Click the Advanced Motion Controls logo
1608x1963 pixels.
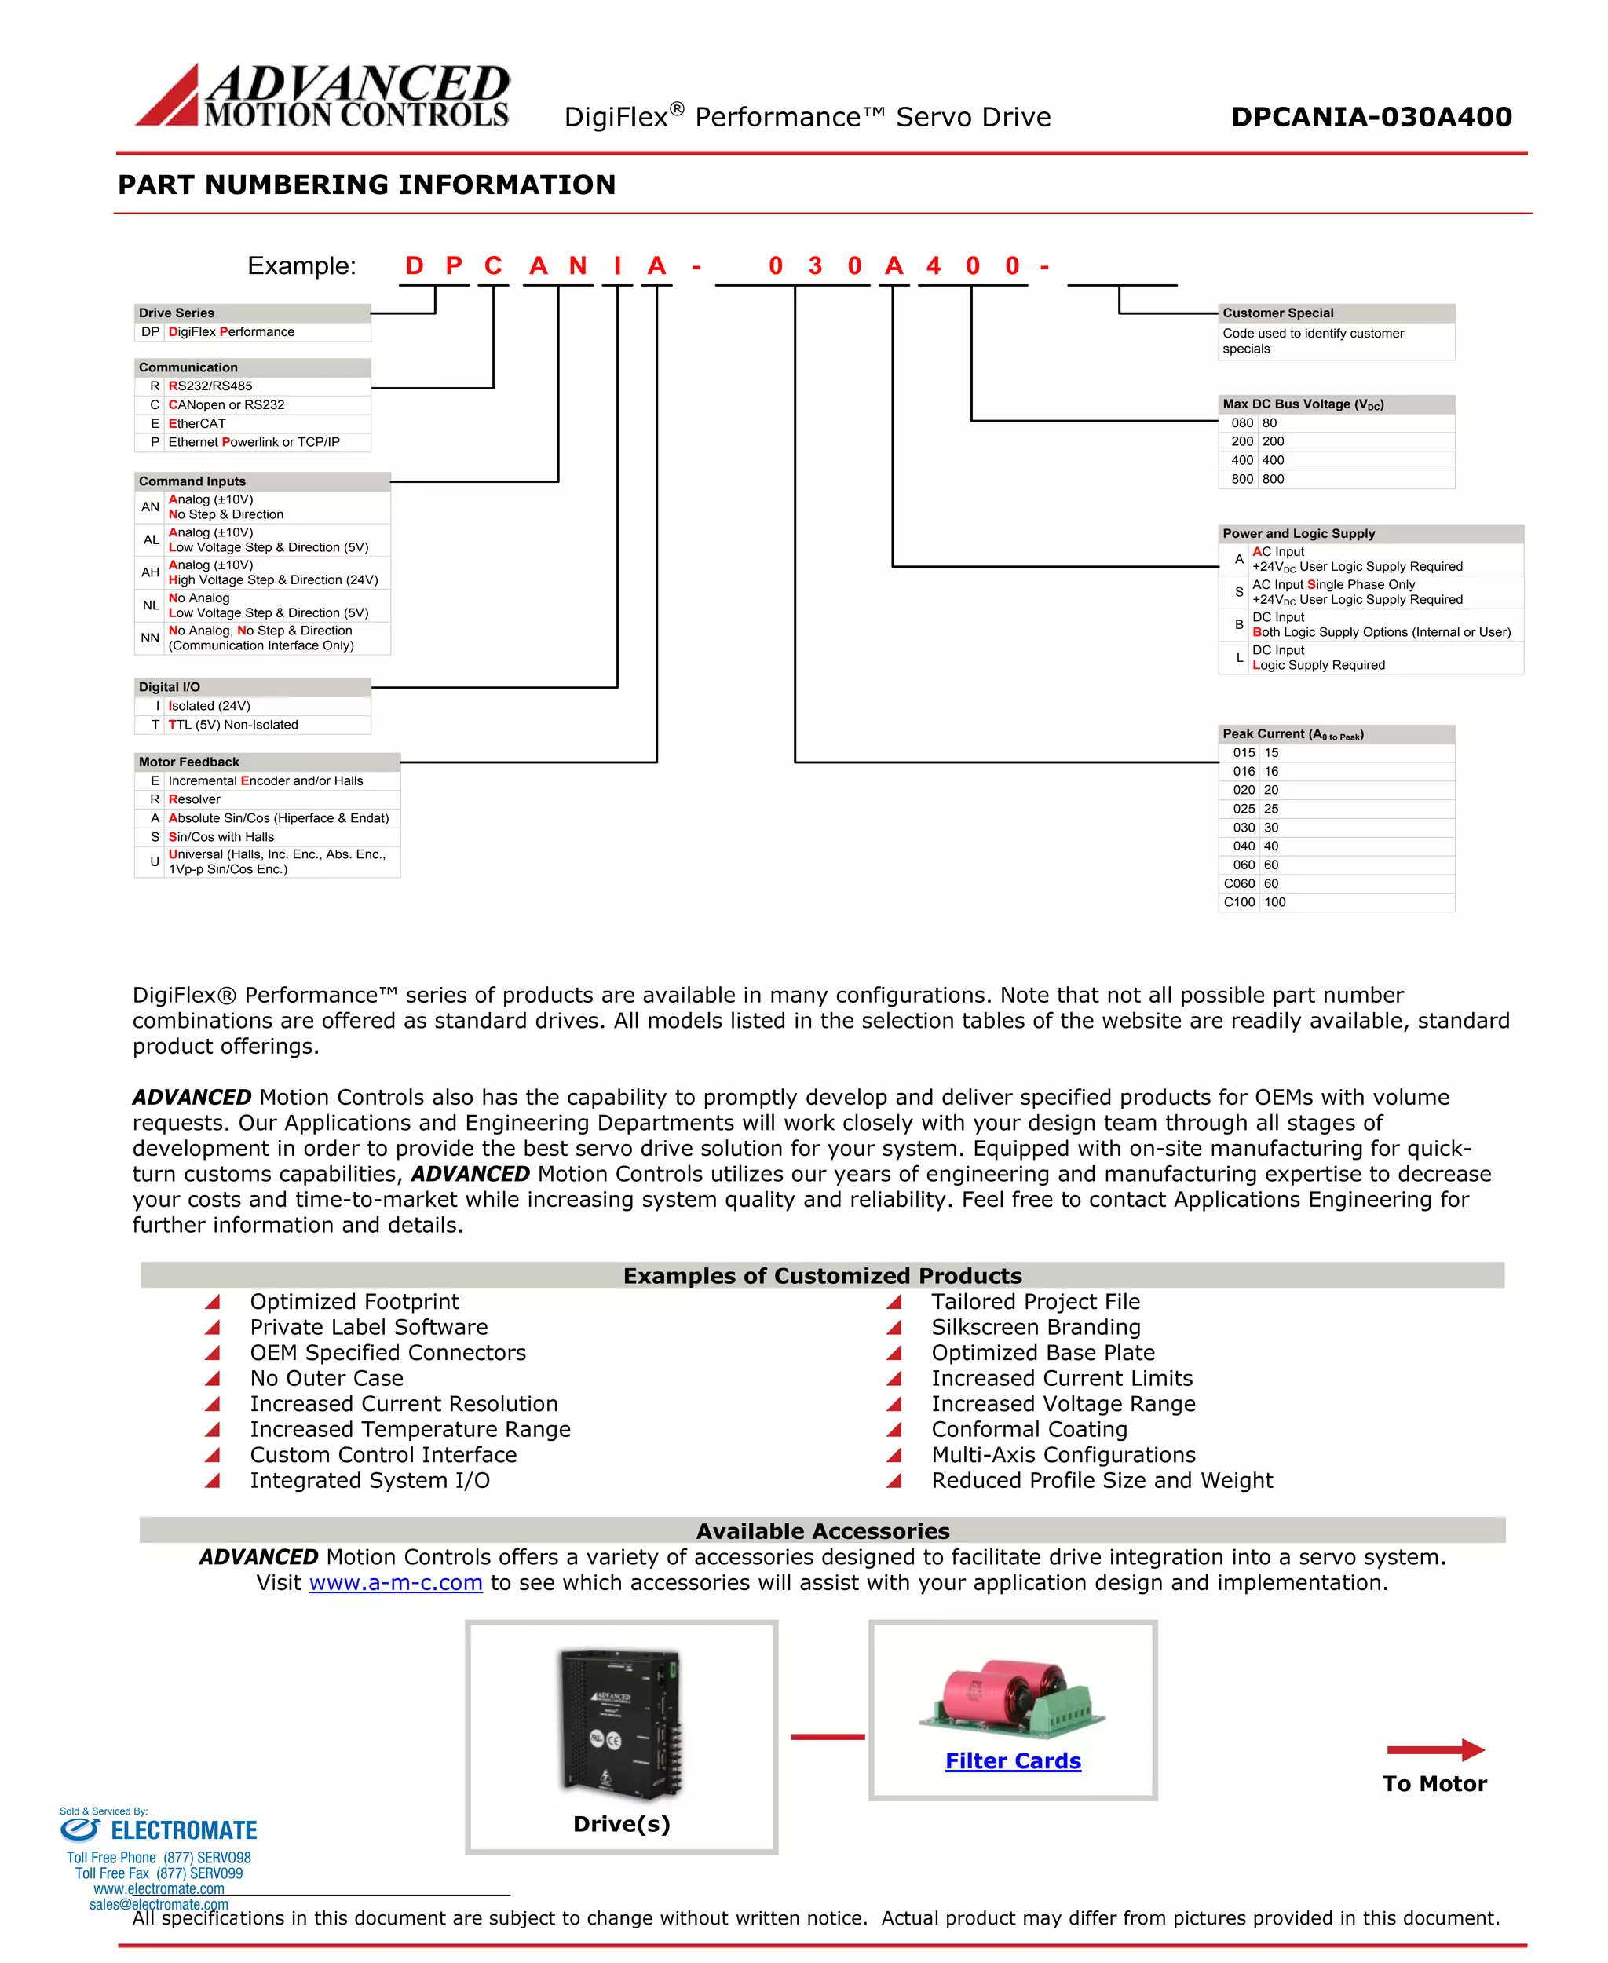[323, 96]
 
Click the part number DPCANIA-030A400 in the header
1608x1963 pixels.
[1371, 117]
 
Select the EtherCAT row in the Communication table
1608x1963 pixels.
[252, 423]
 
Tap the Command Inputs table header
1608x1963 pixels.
[262, 481]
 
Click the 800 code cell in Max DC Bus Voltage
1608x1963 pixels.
[1241, 479]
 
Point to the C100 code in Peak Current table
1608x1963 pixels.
[1238, 902]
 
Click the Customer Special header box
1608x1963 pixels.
[1336, 313]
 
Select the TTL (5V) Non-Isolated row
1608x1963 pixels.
[252, 725]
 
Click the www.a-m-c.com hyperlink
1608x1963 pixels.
[396, 1582]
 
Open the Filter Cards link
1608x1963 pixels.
[1012, 1761]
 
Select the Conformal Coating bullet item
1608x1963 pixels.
[1029, 1429]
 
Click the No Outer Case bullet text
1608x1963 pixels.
[326, 1379]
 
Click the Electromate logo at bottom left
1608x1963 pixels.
[159, 1830]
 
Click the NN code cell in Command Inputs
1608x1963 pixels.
[150, 638]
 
